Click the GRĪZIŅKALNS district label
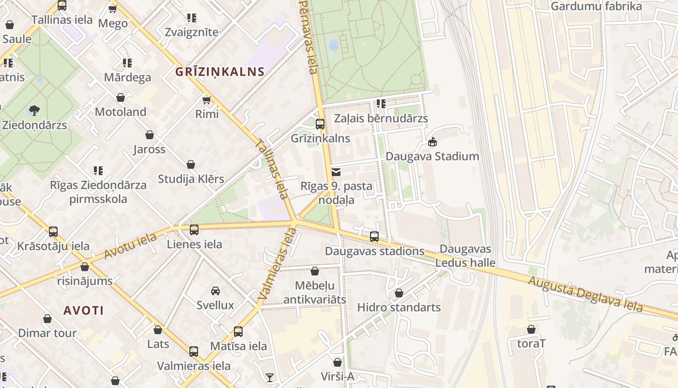220,72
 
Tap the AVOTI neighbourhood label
83,310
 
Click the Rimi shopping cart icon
207,100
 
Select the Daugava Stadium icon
432,142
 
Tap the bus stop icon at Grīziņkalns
320,124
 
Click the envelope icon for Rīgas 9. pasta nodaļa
336,172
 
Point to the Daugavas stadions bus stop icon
374,237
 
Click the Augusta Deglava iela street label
585,294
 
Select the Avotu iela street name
130,246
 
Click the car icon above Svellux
216,291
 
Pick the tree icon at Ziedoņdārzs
34,110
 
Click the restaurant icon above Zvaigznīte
192,18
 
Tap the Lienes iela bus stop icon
194,230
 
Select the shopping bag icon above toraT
531,329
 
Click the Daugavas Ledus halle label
465,256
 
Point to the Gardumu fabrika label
596,6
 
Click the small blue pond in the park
334,45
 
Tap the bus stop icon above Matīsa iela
238,332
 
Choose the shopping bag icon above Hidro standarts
399,293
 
